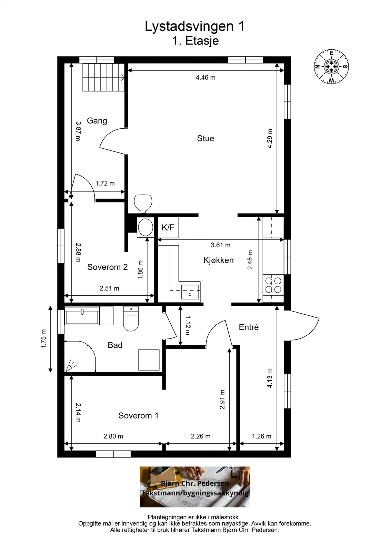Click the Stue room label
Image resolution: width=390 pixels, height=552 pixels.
(206, 138)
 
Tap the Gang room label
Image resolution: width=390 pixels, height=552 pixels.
(97, 121)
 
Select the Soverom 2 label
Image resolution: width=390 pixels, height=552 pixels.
(108, 267)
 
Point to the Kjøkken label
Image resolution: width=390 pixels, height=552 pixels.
(219, 260)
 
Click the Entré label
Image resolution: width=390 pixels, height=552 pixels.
(249, 327)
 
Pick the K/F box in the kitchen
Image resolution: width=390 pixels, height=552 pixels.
(168, 227)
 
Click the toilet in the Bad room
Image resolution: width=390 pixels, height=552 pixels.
(131, 319)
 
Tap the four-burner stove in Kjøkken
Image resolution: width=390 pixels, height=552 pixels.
(273, 285)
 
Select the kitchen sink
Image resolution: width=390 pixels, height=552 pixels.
(190, 292)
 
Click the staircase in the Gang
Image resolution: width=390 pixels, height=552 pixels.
(103, 77)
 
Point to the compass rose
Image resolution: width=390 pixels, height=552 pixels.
(331, 67)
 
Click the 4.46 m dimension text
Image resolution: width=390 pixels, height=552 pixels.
(206, 77)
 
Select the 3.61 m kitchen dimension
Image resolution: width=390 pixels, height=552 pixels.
(220, 245)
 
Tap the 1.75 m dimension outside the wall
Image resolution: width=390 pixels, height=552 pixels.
(43, 339)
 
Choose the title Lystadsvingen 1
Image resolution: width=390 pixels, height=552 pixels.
(194, 26)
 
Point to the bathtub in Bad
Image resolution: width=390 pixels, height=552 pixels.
(82, 316)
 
